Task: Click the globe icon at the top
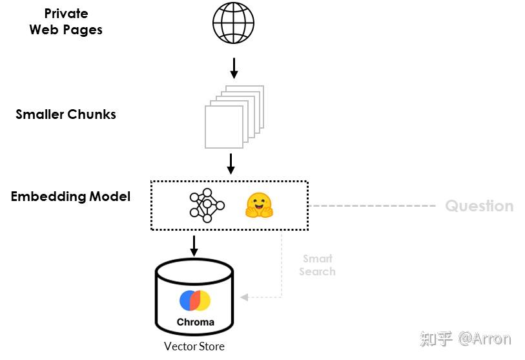point(234,23)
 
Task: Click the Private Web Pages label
point(66,21)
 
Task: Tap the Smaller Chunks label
point(66,114)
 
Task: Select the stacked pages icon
point(233,116)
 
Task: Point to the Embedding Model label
point(70,196)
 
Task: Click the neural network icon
point(207,206)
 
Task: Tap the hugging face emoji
point(260,206)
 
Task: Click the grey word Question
point(479,206)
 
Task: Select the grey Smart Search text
point(317,265)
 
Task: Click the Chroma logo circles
point(195,301)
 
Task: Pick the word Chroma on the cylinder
point(195,321)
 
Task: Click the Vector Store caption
point(194,346)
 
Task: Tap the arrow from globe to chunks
point(234,67)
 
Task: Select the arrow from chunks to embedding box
point(231,164)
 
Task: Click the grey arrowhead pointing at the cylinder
point(244,297)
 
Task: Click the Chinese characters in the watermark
point(436,339)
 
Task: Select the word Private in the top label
point(66,14)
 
